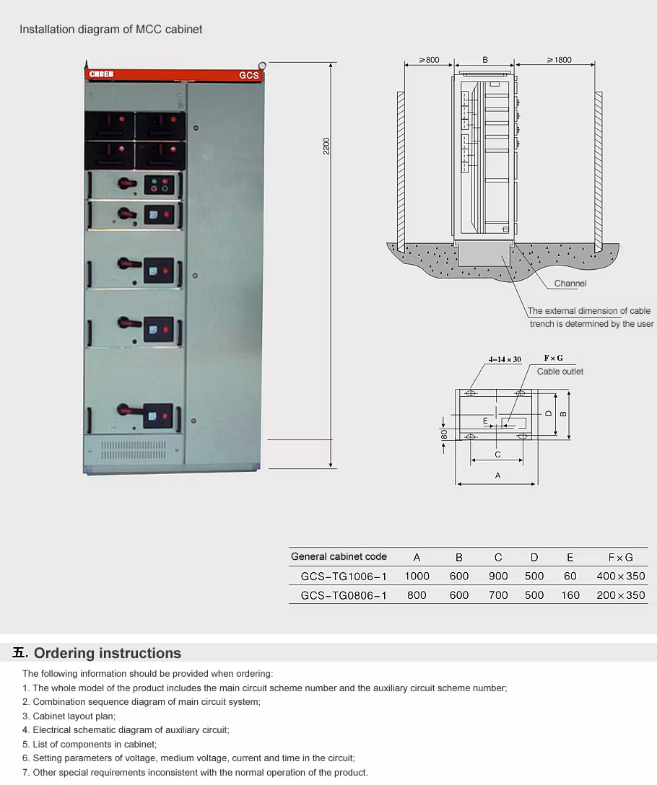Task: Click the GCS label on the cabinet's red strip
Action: pyautogui.click(x=248, y=75)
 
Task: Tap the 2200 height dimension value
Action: pyautogui.click(x=326, y=145)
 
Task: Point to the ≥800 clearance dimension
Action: pyautogui.click(x=429, y=60)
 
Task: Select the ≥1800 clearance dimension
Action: pyautogui.click(x=559, y=60)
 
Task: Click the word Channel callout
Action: pyautogui.click(x=570, y=284)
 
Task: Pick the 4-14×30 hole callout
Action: pyautogui.click(x=505, y=359)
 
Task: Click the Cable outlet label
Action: pyautogui.click(x=560, y=372)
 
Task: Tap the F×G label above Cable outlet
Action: pyautogui.click(x=553, y=359)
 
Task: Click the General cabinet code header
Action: pyautogui.click(x=339, y=556)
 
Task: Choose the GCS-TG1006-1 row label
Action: pyautogui.click(x=344, y=576)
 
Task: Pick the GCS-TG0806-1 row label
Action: pyautogui.click(x=344, y=595)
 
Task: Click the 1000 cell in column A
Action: pyautogui.click(x=417, y=576)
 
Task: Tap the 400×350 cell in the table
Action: pyautogui.click(x=621, y=576)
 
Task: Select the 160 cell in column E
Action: pyautogui.click(x=570, y=595)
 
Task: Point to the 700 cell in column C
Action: pyautogui.click(x=498, y=595)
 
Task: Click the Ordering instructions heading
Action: pyautogui.click(x=108, y=653)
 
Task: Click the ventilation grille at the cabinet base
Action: pyautogui.click(x=134, y=450)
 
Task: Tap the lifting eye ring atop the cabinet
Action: pyautogui.click(x=262, y=66)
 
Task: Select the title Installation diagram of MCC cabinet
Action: pyautogui.click(x=111, y=30)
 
